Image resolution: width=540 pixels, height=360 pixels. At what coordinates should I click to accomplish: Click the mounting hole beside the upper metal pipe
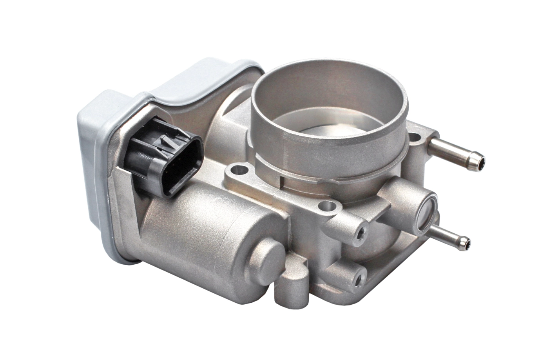(x=414, y=138)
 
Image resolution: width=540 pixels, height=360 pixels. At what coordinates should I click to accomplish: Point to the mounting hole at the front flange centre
(x=328, y=205)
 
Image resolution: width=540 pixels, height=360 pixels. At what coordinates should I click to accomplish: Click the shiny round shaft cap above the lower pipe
(x=427, y=214)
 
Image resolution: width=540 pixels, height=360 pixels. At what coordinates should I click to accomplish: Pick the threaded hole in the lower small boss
(x=358, y=279)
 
